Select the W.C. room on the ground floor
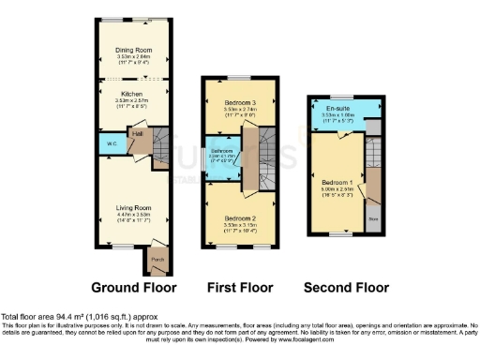[x=111, y=144]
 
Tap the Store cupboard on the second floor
[x=372, y=221]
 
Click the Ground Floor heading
[x=135, y=286]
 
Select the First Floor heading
[x=240, y=286]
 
